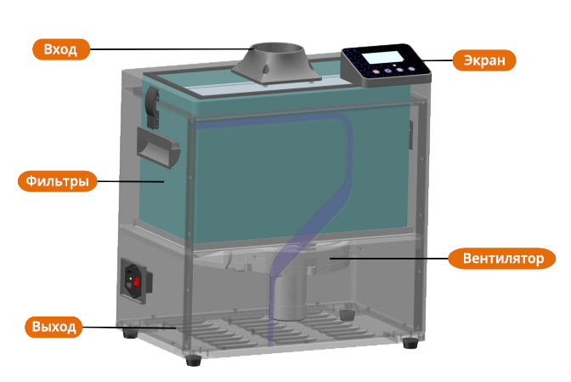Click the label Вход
coord(60,49)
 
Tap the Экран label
coord(483,60)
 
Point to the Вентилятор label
coord(502,258)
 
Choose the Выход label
coord(54,327)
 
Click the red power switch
coord(134,277)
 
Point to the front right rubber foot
coord(412,343)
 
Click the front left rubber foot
coord(195,360)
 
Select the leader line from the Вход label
coord(170,49)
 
